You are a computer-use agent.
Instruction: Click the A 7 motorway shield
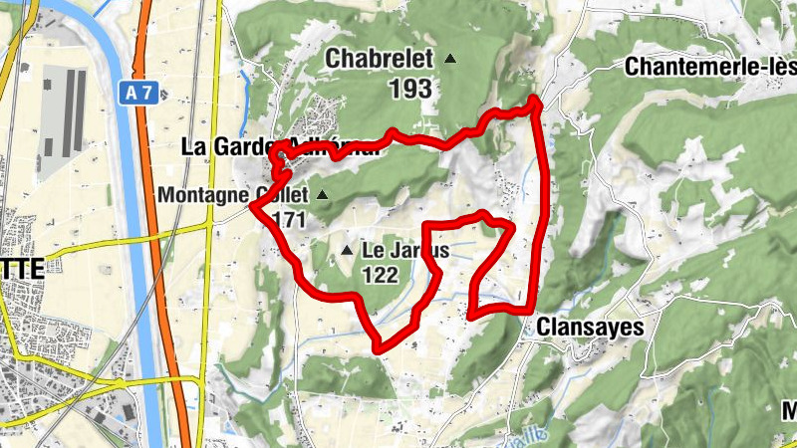pyautogui.click(x=139, y=93)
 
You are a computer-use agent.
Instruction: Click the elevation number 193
pyautogui.click(x=410, y=89)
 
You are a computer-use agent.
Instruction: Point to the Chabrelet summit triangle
pyautogui.click(x=450, y=60)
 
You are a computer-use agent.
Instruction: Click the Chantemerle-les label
pyautogui.click(x=709, y=67)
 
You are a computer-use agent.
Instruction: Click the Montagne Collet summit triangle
pyautogui.click(x=322, y=194)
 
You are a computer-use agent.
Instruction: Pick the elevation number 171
pyautogui.click(x=288, y=220)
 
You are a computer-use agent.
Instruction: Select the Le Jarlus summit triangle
pyautogui.click(x=347, y=250)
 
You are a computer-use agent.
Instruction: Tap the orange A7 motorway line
pyautogui.click(x=159, y=249)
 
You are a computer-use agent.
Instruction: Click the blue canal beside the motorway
pyautogui.click(x=133, y=249)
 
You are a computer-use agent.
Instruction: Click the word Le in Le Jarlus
pyautogui.click(x=373, y=251)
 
